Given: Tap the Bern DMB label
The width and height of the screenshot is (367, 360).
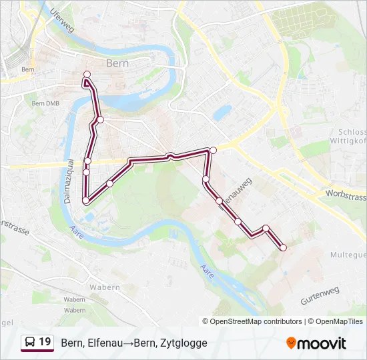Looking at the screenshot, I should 46,103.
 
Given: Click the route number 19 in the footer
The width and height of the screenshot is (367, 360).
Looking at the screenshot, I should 45,342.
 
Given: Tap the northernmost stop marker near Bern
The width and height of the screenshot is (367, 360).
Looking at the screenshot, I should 87,74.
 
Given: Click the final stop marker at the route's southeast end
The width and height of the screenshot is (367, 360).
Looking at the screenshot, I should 283,247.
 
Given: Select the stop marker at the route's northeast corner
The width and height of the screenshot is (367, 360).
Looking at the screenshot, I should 213,150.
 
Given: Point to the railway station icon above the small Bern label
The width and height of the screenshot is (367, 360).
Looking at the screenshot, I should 29,56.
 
